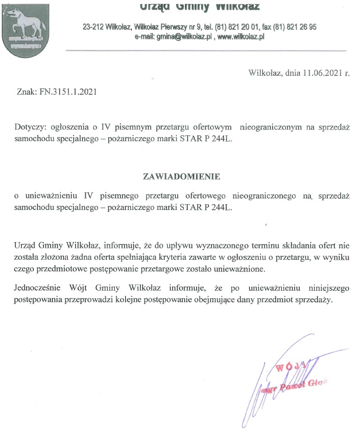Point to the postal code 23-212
[94, 27]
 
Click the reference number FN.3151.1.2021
[64, 91]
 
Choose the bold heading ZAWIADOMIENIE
[181, 175]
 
